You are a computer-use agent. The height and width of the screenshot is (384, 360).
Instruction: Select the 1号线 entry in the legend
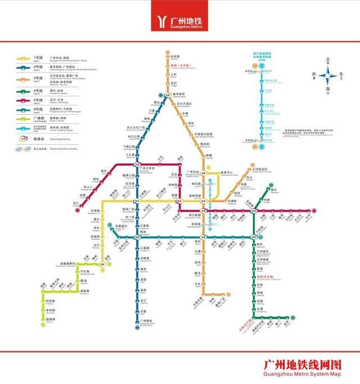38,57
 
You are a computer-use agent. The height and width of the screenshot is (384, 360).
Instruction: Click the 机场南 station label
174,56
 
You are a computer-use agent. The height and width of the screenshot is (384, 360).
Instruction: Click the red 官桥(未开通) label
264,276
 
